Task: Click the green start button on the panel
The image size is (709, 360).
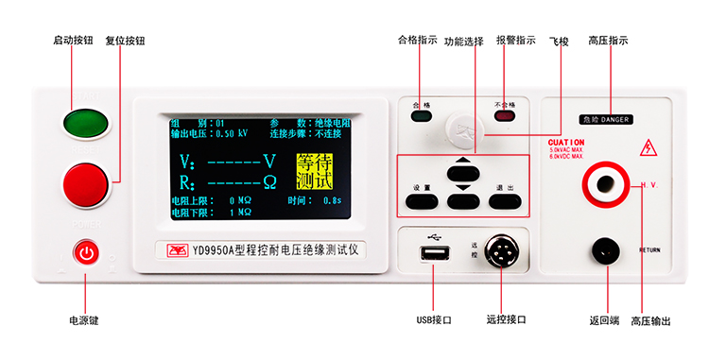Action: [x=87, y=124]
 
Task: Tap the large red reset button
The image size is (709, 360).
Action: [x=87, y=184]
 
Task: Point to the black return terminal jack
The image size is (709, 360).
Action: [x=606, y=251]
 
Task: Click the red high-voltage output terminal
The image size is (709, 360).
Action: [x=605, y=180]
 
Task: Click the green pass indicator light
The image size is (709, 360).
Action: [x=422, y=117]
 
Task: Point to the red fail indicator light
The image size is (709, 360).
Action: [x=505, y=117]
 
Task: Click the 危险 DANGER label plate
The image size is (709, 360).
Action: [x=606, y=120]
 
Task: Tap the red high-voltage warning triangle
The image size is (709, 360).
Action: [x=648, y=148]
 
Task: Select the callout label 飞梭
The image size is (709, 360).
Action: [x=560, y=41]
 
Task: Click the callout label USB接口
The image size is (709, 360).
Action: [x=434, y=320]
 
